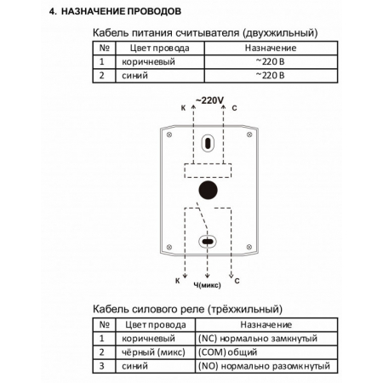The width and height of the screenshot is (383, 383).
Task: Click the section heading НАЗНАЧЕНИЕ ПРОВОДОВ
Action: point(121,11)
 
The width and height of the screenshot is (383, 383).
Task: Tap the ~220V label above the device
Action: point(210,100)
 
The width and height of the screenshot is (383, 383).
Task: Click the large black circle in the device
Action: point(208,190)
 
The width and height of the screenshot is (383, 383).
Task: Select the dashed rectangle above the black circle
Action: point(208,170)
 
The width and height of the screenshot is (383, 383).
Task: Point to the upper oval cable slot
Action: point(208,143)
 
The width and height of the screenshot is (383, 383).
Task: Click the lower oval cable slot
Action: point(208,242)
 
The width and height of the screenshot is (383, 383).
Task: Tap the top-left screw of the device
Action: point(169,134)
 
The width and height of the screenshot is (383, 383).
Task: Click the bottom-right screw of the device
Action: point(249,247)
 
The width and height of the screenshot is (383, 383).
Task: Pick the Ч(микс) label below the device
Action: point(207,285)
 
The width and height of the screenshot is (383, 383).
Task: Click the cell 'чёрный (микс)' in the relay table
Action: point(153,352)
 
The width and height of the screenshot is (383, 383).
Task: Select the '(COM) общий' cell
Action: point(227,352)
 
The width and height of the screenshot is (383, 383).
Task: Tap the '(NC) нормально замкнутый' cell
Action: point(258,339)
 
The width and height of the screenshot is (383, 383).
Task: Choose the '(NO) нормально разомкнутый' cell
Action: point(264,366)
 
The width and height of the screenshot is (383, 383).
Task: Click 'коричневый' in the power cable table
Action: point(148,62)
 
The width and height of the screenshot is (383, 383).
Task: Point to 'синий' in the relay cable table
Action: point(134,366)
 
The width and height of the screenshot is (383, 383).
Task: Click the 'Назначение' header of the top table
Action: point(271,48)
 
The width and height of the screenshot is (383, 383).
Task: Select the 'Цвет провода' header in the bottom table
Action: point(156,324)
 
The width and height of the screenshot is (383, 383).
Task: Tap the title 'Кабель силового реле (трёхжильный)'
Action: point(187,309)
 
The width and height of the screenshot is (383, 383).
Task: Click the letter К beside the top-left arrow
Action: point(183,108)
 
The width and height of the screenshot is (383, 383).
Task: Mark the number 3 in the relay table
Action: point(102,366)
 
